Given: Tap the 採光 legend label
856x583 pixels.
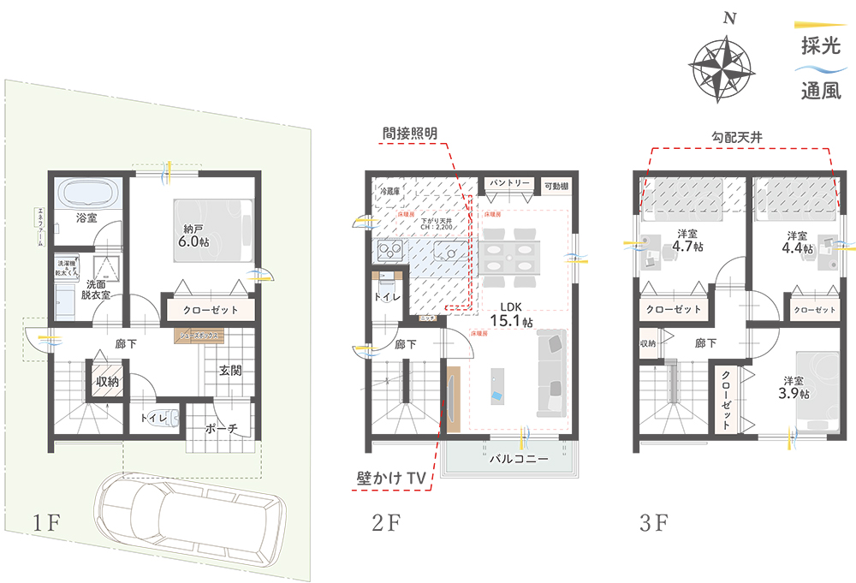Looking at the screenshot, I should point(820,47).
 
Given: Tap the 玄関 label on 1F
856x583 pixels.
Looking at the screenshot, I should point(229,371).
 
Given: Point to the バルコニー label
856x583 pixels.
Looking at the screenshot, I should point(518,459).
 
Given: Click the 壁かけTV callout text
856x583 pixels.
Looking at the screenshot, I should point(392,478).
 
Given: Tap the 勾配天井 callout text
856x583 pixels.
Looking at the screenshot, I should point(737,136).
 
